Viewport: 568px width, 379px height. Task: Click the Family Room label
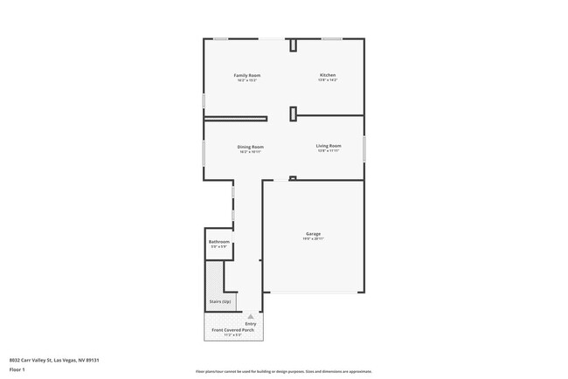point(247,76)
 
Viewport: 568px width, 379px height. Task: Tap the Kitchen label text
point(327,76)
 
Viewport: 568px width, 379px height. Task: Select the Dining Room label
point(251,147)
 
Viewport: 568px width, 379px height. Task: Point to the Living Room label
point(329,146)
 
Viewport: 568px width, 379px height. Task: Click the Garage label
point(313,234)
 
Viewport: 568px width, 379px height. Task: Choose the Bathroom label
point(218,242)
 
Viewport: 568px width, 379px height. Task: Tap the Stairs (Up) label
point(219,301)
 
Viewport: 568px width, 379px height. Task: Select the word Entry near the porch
point(251,324)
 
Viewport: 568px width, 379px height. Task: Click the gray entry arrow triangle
point(251,316)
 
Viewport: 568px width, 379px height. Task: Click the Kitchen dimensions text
point(327,81)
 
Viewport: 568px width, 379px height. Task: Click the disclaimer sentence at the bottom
point(283,370)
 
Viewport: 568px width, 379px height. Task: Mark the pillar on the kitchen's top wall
point(293,45)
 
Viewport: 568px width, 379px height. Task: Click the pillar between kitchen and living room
point(293,112)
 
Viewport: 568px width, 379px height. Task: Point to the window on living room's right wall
point(364,148)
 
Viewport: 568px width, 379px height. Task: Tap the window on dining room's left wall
point(204,152)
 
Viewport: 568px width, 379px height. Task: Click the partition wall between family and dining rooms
point(236,118)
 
